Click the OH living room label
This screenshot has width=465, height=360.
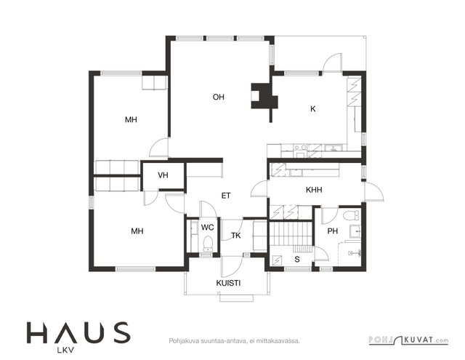(219, 97)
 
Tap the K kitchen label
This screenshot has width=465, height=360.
(313, 109)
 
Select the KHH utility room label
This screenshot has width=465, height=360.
(314, 190)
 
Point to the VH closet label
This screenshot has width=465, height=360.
(163, 175)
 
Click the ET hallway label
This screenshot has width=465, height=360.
(226, 196)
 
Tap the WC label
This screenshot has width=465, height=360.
(207, 228)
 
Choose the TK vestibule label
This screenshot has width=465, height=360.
(236, 236)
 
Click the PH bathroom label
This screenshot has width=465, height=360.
(333, 231)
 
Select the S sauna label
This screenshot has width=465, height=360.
(297, 260)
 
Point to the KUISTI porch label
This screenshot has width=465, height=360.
(228, 283)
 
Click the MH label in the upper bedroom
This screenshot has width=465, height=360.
(131, 119)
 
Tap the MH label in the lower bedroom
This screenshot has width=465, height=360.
(137, 231)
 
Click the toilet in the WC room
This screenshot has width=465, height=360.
(208, 244)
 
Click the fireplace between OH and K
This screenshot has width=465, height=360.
(264, 96)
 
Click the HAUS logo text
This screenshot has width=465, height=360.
(78, 332)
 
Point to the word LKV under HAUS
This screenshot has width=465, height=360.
(65, 351)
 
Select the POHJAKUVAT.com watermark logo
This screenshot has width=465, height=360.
(408, 340)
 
